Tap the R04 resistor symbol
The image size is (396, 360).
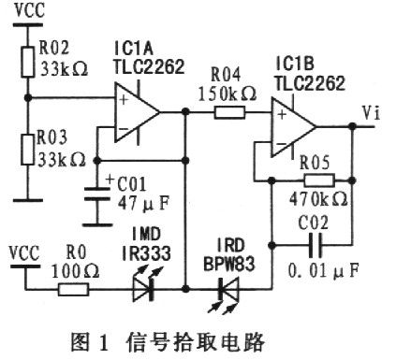[227, 113]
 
